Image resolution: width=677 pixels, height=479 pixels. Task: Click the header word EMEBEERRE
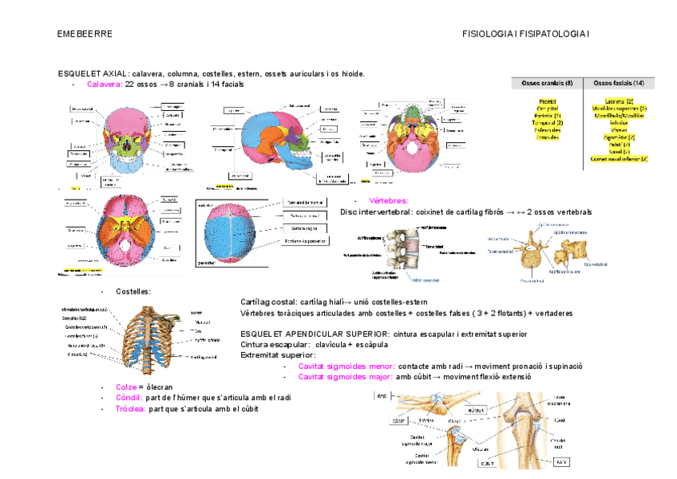[85, 34]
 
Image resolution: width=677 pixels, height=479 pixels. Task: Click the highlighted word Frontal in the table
[548, 101]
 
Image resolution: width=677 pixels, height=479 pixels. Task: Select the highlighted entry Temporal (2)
[548, 123]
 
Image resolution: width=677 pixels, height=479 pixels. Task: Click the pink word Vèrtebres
[388, 200]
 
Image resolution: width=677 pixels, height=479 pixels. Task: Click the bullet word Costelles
[133, 291]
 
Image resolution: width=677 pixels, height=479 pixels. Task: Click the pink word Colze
[125, 386]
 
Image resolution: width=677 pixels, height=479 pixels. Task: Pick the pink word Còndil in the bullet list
[129, 398]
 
